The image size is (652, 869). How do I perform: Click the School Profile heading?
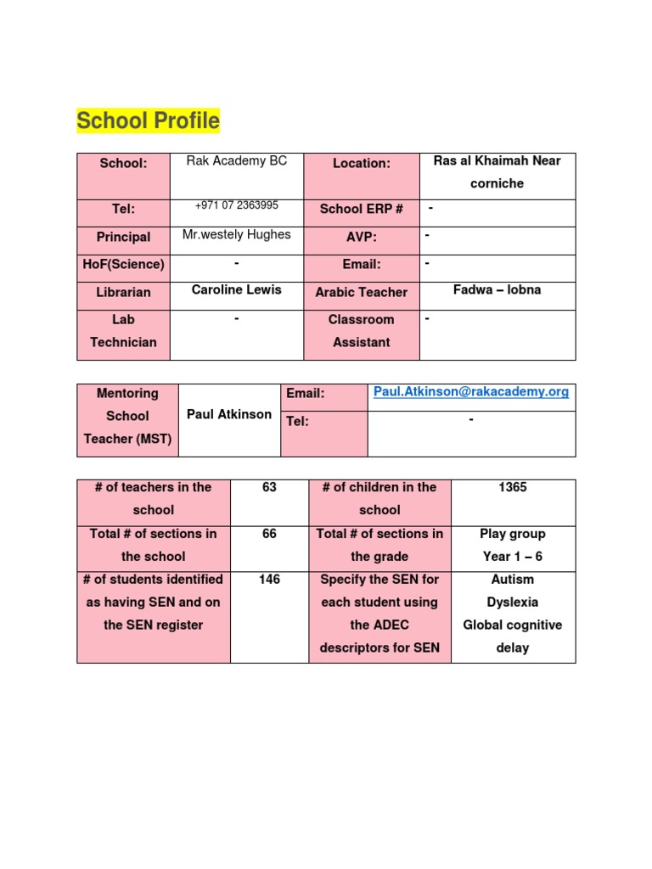point(148,121)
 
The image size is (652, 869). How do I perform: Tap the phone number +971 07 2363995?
point(236,205)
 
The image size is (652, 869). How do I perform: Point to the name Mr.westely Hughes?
point(236,234)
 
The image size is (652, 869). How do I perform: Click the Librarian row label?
point(123,292)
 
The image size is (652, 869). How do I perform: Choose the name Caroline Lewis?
point(236,289)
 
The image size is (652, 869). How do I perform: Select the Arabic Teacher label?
point(361,292)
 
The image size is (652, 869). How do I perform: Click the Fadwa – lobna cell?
point(497,289)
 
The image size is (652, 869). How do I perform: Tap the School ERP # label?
point(361,209)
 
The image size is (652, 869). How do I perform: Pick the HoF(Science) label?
point(123,264)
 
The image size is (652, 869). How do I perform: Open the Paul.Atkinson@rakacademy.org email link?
point(471,393)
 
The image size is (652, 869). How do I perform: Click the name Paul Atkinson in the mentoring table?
point(229,414)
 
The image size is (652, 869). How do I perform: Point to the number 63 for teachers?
point(269,487)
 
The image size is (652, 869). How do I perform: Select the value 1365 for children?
point(513,487)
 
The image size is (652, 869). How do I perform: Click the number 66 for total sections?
point(269,534)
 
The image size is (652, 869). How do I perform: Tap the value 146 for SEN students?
point(269,580)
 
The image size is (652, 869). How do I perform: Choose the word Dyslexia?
point(513,603)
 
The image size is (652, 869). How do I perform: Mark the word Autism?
point(513,580)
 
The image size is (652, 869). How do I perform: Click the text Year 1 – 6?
point(513,557)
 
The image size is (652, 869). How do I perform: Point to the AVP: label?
point(361,237)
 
